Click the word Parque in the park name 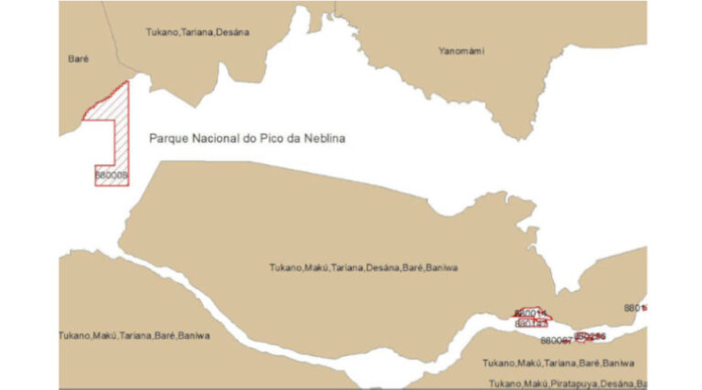[x=166, y=139]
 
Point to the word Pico [x=271, y=139]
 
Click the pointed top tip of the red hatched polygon [x=126, y=81]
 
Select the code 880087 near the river [x=556, y=340]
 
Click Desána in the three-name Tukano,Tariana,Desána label [x=233, y=32]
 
